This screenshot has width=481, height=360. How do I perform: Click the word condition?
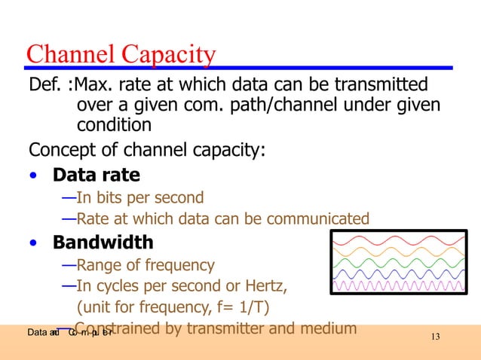pyautogui.click(x=114, y=124)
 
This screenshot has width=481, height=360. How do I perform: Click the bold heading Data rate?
pyautogui.click(x=95, y=175)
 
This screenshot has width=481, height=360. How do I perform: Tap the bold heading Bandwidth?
pyautogui.click(x=103, y=243)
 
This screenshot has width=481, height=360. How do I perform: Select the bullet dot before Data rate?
pyautogui.click(x=32, y=177)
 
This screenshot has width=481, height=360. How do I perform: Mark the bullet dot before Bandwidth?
pyautogui.click(x=32, y=244)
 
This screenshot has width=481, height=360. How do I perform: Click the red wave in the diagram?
pyautogui.click(x=399, y=240)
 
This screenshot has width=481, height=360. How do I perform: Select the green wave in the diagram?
pyautogui.click(x=399, y=263)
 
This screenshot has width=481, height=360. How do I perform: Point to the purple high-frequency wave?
pyautogui.click(x=399, y=286)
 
